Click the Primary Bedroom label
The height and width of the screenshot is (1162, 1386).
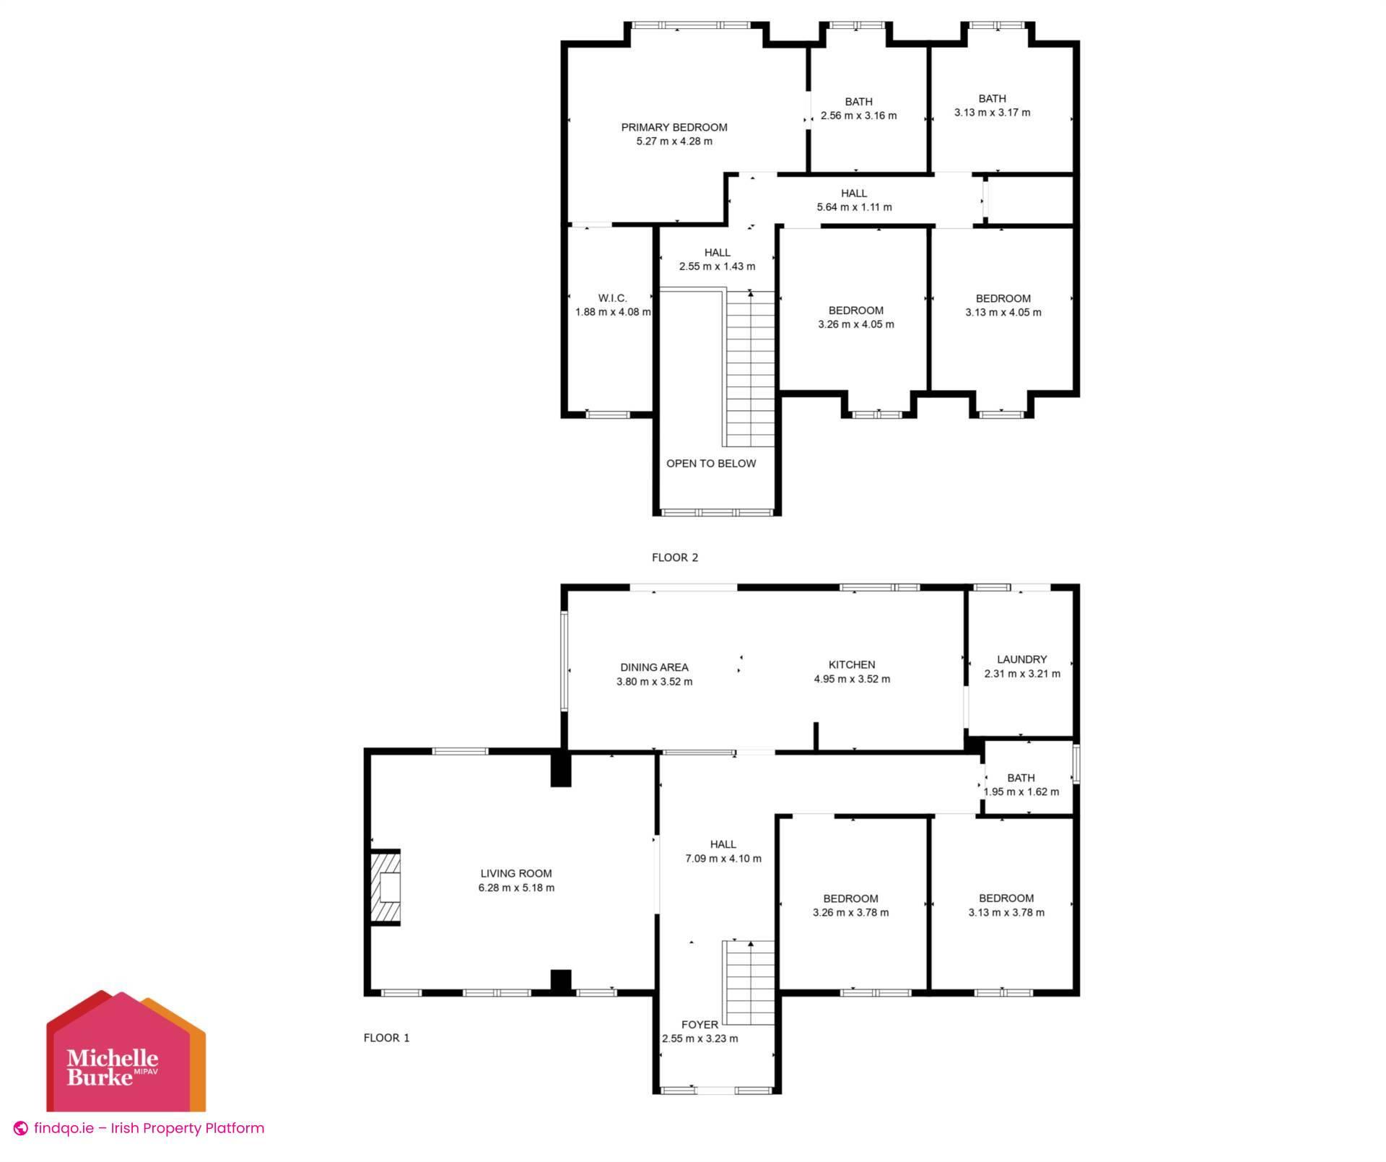click(x=674, y=128)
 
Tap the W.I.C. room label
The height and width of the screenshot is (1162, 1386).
click(x=612, y=298)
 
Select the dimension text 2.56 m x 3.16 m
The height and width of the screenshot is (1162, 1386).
click(x=858, y=116)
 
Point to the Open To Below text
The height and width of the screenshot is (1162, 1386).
click(x=711, y=464)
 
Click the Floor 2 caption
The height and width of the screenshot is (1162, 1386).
click(x=675, y=558)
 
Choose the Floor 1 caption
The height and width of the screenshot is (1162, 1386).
click(x=386, y=1038)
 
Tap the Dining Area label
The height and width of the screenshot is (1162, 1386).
click(x=654, y=667)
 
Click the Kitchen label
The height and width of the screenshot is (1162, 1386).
click(x=852, y=664)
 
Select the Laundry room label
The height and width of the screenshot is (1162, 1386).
click(x=1021, y=659)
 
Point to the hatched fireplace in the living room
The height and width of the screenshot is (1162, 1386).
click(x=385, y=888)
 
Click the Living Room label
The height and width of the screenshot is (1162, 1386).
click(x=516, y=874)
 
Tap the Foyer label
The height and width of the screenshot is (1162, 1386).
click(x=699, y=1025)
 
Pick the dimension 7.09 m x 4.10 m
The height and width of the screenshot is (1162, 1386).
click(x=723, y=859)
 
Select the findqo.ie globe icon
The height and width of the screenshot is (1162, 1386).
click(x=21, y=1128)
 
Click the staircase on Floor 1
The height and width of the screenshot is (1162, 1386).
click(x=750, y=982)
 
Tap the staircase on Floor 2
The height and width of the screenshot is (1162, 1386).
click(x=751, y=368)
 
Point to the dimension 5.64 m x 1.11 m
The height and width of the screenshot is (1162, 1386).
click(x=854, y=207)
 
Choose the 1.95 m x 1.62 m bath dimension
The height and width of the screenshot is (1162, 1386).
click(x=1021, y=792)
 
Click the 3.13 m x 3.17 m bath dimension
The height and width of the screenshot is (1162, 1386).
click(x=992, y=113)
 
